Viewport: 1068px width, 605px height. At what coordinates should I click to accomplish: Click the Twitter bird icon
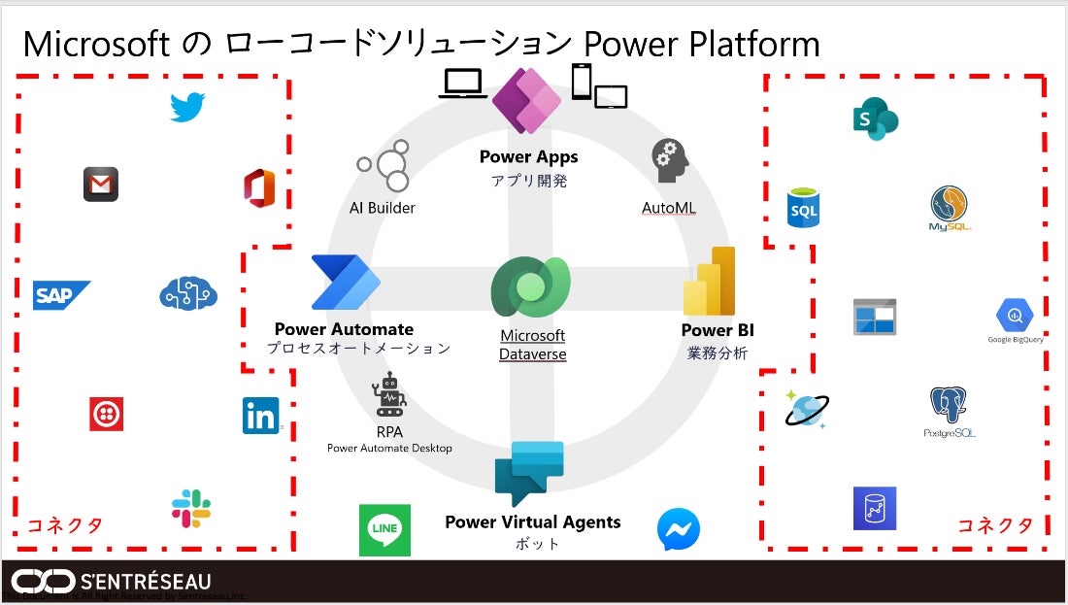[x=187, y=107]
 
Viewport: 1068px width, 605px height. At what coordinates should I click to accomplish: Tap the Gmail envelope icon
[x=101, y=184]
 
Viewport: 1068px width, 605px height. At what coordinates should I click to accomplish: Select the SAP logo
[x=61, y=295]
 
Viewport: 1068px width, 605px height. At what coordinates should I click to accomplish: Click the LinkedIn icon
[x=260, y=416]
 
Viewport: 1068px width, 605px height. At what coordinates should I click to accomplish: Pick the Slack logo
[x=191, y=509]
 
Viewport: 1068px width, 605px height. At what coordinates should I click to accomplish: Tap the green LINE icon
[x=384, y=530]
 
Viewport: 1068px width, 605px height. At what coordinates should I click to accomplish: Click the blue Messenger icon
[x=678, y=530]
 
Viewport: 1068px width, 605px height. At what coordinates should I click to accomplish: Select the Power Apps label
[x=528, y=157]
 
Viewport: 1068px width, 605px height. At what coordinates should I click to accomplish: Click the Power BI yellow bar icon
[x=710, y=282]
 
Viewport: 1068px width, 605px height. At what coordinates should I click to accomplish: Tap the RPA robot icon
[x=389, y=395]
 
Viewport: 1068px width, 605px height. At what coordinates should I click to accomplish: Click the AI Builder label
[x=383, y=208]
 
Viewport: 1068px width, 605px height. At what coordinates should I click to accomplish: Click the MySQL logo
[x=950, y=208]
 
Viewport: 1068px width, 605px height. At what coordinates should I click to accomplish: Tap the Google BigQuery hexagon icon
[x=1015, y=316]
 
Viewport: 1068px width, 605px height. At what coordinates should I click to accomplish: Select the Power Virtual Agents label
[x=533, y=522]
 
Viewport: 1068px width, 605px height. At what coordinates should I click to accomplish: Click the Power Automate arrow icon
[x=346, y=283]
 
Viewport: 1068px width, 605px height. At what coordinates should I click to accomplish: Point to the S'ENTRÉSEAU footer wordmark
[x=146, y=582]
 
